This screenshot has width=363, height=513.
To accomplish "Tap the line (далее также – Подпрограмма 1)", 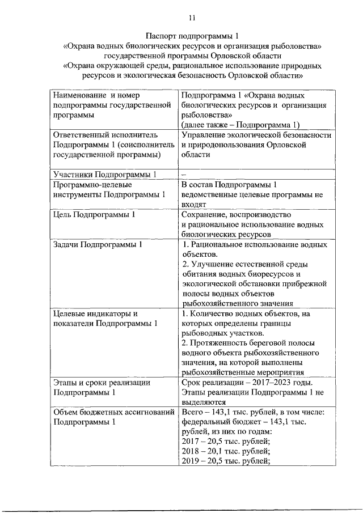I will coord(240,125).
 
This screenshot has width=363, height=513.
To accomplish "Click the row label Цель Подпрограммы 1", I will coord(94,215).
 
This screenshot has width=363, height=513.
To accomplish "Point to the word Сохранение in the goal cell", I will coord(204,215).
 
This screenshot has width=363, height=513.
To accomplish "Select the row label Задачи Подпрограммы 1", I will coord(98,245).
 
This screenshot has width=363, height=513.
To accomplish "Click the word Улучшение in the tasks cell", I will coord(215,265).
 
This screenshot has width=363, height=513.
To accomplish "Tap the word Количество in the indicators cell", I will coord(214,313).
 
